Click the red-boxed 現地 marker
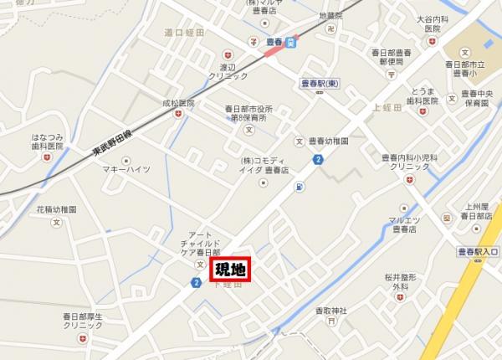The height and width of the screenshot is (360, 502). (229, 269)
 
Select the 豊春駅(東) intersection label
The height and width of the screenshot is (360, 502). (317, 84)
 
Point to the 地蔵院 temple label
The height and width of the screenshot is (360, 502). (331, 15)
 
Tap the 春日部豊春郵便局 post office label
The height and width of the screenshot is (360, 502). (390, 56)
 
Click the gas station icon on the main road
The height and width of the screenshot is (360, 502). (299, 188)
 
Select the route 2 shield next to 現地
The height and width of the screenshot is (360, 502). (195, 284)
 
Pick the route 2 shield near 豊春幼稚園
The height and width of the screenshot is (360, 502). (317, 159)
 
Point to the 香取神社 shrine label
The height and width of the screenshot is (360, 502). (330, 310)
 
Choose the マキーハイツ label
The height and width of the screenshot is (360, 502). (125, 169)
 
